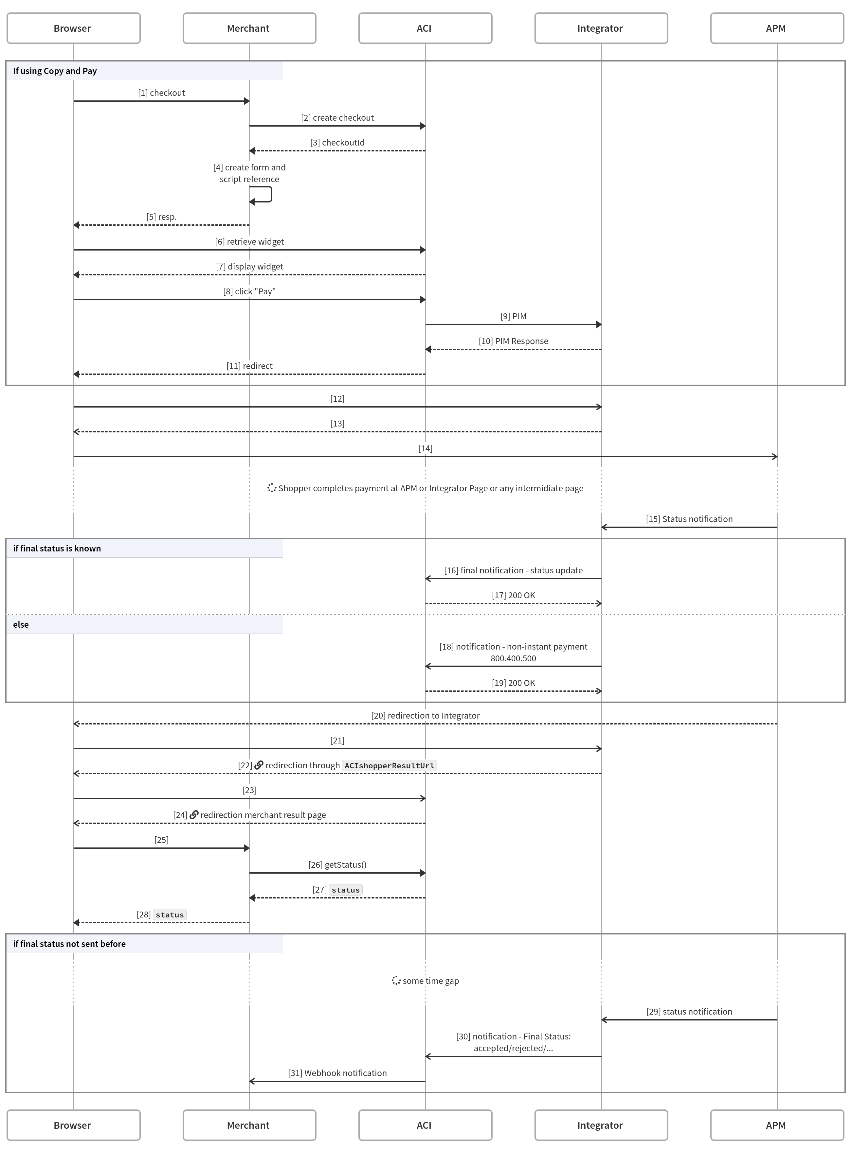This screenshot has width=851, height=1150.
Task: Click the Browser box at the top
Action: [73, 28]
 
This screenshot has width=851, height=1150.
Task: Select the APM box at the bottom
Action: [777, 1125]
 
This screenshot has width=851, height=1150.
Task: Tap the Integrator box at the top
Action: [601, 28]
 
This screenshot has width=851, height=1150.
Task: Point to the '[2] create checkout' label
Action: [337, 118]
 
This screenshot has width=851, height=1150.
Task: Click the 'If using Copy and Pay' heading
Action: [55, 71]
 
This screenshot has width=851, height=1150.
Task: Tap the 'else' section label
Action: [21, 624]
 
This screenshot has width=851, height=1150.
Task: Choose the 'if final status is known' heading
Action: [57, 548]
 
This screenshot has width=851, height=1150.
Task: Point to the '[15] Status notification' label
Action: [689, 519]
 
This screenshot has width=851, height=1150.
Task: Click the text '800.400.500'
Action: [513, 658]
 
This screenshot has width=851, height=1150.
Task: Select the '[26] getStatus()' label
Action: [337, 865]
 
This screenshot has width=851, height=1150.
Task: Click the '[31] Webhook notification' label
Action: [337, 1073]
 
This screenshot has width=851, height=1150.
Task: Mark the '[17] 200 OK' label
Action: [513, 595]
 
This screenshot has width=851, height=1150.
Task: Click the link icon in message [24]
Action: [194, 815]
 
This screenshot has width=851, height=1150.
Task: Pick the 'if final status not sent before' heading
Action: [69, 944]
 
